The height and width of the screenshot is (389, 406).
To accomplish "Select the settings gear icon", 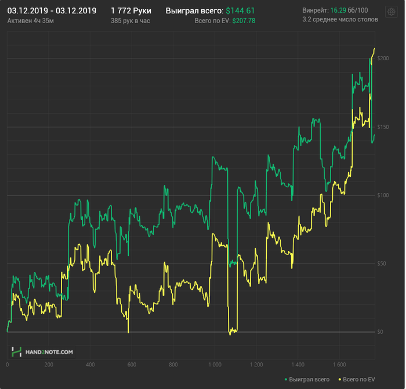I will [x=390, y=12].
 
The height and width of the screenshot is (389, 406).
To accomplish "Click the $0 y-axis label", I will [x=380, y=332].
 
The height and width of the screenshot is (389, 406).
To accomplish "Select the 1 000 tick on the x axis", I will [x=214, y=365].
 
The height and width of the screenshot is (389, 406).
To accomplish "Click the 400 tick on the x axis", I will [x=90, y=365].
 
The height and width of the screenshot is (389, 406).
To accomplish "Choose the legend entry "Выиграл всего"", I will [x=307, y=379].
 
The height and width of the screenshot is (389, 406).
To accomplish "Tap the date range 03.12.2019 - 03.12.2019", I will [x=52, y=10].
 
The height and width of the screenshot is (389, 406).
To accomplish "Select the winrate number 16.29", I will [x=338, y=10].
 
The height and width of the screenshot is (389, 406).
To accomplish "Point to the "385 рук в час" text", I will [x=130, y=20].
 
